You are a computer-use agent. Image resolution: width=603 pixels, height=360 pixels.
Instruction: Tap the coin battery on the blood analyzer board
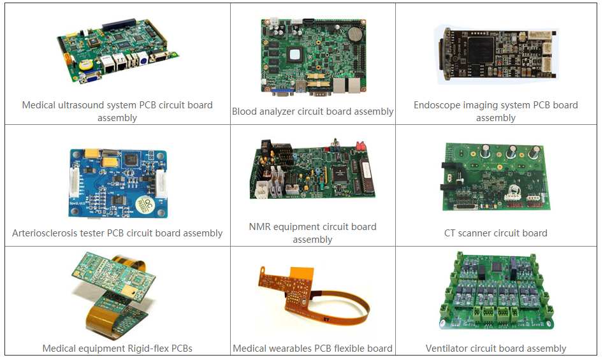356,34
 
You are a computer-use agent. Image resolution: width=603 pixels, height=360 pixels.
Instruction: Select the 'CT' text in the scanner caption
449,233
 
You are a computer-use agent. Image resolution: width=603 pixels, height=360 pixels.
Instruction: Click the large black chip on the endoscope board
481,50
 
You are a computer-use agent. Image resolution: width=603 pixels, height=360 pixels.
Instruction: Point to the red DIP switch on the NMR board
361,146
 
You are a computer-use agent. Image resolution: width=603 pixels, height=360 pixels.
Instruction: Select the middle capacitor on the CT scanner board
512,152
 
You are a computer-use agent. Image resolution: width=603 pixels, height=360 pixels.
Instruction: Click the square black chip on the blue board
131,160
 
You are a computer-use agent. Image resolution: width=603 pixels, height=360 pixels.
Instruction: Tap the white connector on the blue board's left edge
74,184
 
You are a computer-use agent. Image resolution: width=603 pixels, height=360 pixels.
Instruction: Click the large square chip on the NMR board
339,173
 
